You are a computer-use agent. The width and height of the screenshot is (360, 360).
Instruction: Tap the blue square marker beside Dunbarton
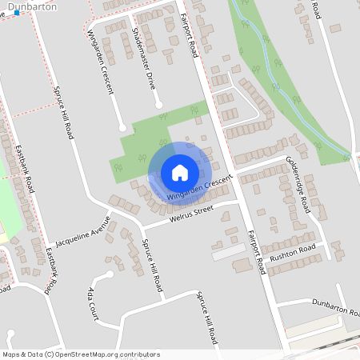pos(17,13)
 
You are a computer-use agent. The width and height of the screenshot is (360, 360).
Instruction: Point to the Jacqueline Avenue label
pos(80,231)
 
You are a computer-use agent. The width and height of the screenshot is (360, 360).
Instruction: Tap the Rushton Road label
pos(294,252)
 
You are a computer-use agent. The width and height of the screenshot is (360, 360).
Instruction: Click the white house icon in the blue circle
pos(180,173)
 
